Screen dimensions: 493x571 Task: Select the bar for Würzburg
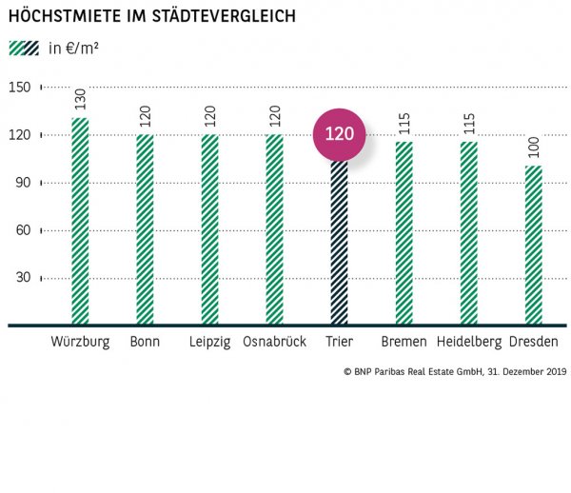[80, 221]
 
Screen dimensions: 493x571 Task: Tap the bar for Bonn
[145, 228]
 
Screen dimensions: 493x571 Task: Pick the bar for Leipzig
[209, 228]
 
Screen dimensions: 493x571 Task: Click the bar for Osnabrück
[274, 228]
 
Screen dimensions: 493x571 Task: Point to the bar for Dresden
[534, 245]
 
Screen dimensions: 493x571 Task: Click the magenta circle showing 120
[340, 134]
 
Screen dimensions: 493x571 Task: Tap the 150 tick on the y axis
[20, 88]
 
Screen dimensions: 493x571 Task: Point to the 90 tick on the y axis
[20, 183]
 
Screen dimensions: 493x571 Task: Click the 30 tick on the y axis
[20, 278]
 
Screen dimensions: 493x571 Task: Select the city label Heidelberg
[469, 342]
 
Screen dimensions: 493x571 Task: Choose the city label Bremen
[404, 342]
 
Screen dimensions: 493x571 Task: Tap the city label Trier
[339, 342]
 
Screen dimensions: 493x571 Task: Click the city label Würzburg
[80, 342]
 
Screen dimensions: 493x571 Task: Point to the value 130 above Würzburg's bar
[80, 98]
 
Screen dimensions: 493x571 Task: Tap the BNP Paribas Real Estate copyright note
[454, 372]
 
